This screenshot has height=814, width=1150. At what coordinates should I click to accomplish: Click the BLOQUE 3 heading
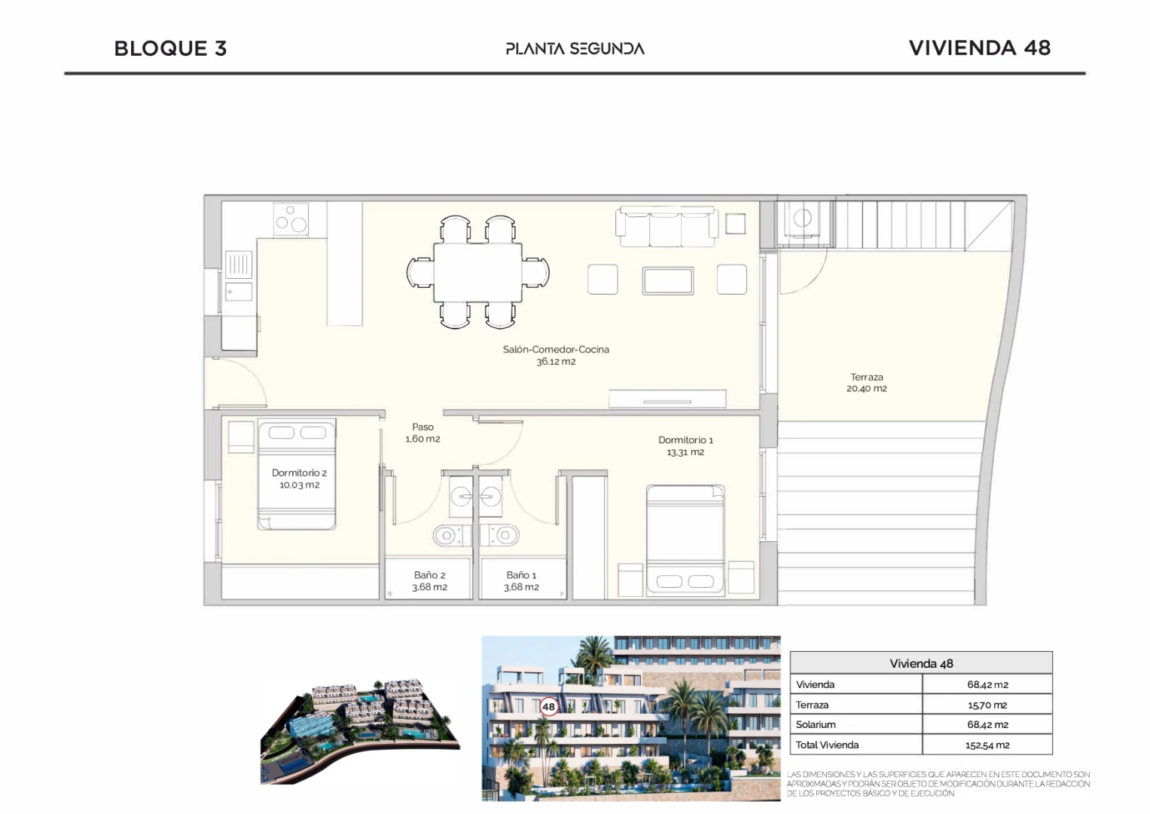[170, 48]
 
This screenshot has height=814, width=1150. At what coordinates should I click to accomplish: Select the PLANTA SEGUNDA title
[575, 49]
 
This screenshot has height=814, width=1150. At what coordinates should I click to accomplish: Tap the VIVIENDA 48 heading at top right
[980, 47]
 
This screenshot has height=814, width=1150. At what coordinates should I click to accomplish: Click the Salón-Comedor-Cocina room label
[556, 355]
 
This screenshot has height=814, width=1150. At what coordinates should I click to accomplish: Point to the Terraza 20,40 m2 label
[867, 383]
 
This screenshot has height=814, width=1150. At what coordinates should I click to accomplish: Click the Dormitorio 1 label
[685, 446]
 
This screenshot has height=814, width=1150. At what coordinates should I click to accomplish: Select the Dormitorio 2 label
[299, 479]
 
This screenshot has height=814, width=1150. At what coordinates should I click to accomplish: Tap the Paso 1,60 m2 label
[422, 433]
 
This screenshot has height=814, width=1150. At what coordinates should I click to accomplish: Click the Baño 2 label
[430, 580]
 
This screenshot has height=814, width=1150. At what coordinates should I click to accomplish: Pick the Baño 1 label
[521, 580]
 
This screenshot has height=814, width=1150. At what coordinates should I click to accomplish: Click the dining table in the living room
[477, 272]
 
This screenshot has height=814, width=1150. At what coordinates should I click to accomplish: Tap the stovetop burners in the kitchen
[291, 219]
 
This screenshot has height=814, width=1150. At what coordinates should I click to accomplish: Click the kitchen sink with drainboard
[239, 276]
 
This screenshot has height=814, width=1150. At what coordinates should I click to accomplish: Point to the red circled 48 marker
[548, 707]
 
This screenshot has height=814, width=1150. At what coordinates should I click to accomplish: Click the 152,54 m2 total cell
[987, 745]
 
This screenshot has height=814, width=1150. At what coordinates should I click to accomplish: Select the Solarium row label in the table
[816, 724]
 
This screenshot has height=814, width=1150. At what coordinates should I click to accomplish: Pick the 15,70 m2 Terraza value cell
[987, 705]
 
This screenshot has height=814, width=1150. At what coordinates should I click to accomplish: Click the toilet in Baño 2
[451, 535]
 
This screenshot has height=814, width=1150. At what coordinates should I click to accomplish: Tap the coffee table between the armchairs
[667, 280]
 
